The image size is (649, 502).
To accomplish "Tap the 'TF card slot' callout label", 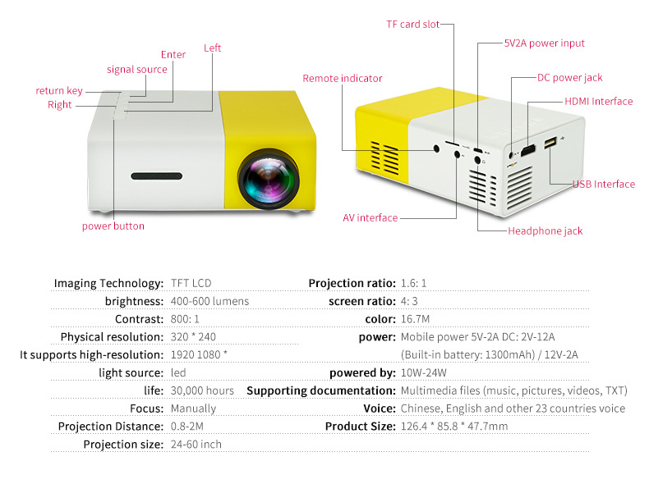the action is point(412,25).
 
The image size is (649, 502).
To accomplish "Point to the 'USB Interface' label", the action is point(603,185).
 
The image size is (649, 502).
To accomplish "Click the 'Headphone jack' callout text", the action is point(545,231).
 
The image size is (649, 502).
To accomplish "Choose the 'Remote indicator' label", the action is point(343,79).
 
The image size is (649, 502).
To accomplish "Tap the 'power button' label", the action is point(113,226).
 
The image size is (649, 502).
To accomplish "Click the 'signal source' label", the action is point(136,70).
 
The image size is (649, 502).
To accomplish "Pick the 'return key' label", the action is point(59,91).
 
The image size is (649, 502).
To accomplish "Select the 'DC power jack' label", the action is point(569,78).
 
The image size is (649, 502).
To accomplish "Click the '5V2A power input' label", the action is point(544,43).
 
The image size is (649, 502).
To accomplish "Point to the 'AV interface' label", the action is point(370,218).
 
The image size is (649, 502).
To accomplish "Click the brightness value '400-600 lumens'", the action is point(209,301).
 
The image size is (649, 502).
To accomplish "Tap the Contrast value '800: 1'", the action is point(185,319).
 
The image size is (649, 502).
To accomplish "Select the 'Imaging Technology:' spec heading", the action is point(109,284).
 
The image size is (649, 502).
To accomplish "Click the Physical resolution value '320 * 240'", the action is point(194,337).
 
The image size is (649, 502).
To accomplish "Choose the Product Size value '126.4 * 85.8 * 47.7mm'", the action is point(453,427).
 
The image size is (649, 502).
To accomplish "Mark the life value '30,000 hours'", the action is point(202,390).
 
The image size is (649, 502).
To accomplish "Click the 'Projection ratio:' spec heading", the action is point(352,284).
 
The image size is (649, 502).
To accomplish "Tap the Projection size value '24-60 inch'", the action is point(196,445).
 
